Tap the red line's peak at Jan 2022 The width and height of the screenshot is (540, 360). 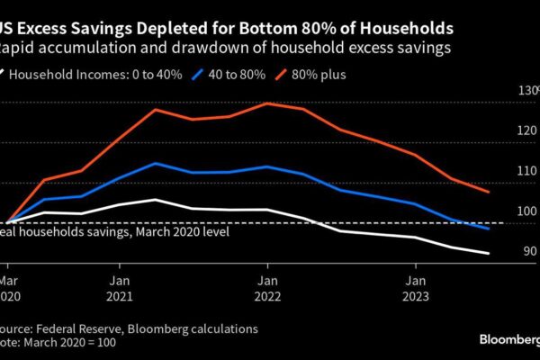pyautogui.click(x=267, y=103)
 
